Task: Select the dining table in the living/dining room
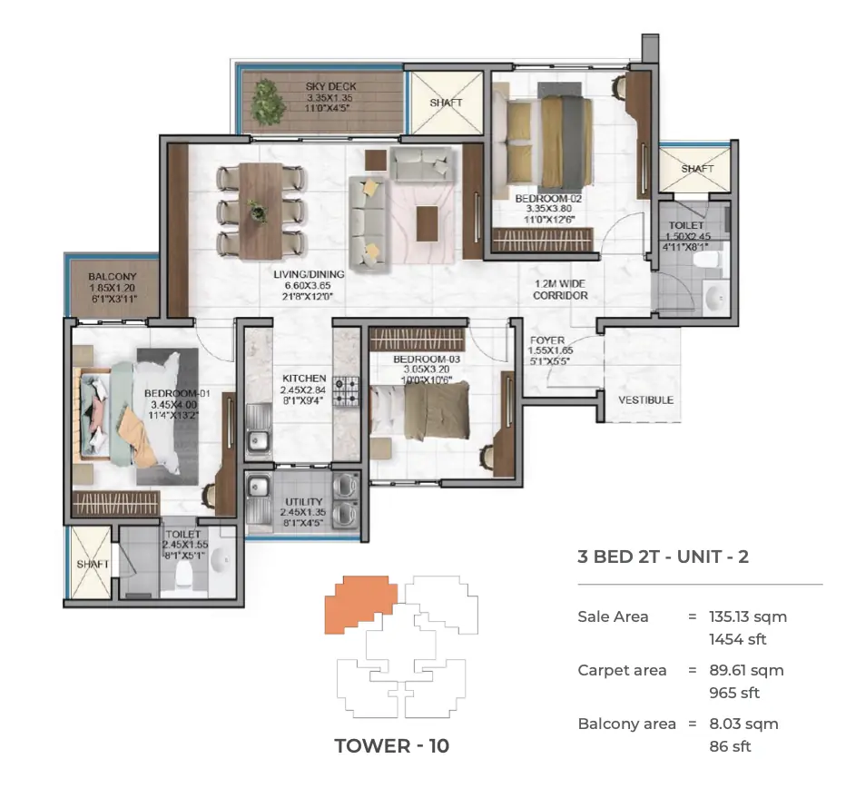click(261, 211)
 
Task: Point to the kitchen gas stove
click(346, 390)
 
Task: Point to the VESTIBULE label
click(645, 400)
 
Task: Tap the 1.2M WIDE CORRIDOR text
click(560, 290)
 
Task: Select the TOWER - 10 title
click(392, 746)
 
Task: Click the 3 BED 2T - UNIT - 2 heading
click(664, 557)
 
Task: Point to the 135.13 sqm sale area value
click(748, 616)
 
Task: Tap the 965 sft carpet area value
click(734, 693)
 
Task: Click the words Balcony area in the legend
click(626, 724)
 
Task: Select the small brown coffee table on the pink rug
click(427, 223)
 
